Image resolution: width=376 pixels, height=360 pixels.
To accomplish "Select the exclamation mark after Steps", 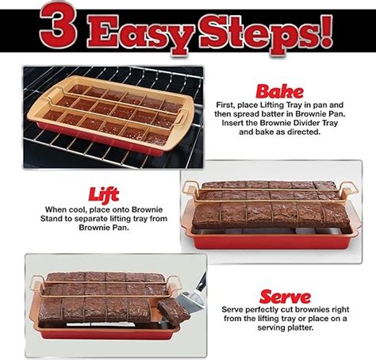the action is coord(325,31).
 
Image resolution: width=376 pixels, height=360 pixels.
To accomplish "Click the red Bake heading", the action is coord(279,92).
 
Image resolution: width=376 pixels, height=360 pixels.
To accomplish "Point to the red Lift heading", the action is coord(104,195).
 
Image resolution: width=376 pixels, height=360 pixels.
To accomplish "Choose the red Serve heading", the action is coord(285,297).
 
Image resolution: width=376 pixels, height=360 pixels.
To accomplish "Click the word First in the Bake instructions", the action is coord(225,105).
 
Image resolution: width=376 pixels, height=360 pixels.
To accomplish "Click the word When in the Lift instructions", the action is coord(56,209).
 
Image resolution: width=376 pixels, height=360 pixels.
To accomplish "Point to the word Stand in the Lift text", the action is coord(50,219).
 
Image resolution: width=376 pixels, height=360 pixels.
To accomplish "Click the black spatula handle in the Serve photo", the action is coord(201,281).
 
